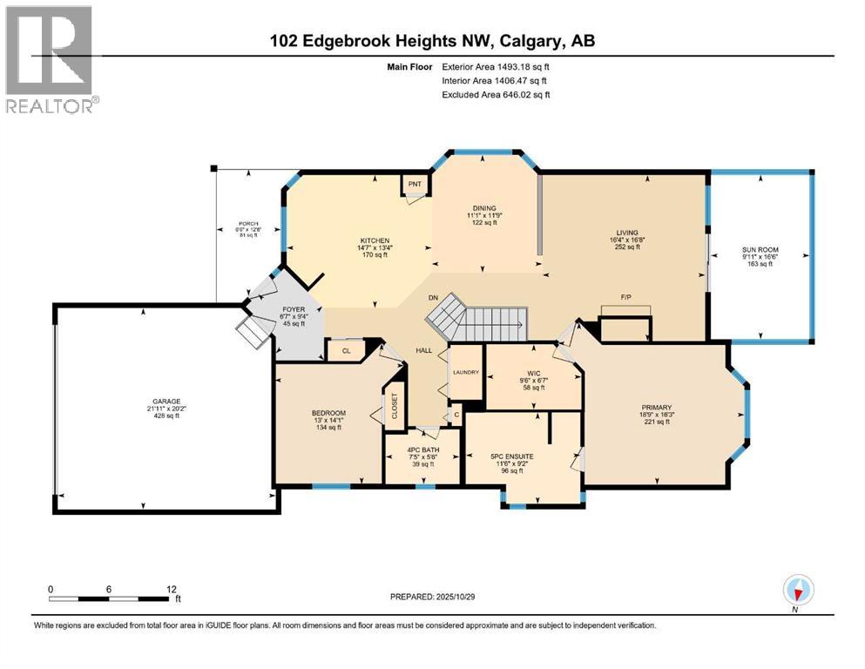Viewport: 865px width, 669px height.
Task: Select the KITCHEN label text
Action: (x=375, y=240)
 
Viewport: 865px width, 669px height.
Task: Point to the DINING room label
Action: (x=484, y=208)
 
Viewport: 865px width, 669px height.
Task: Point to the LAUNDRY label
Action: (x=465, y=372)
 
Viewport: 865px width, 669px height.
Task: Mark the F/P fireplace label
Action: (x=625, y=298)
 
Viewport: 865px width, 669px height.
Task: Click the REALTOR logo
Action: (x=51, y=58)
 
